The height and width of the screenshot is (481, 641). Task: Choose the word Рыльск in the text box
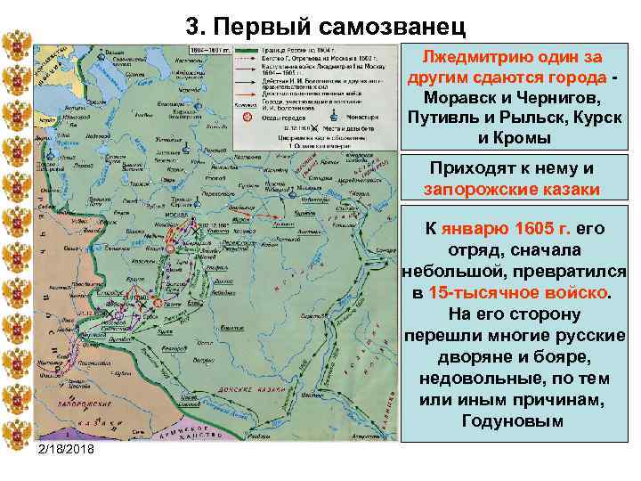pos(526,118)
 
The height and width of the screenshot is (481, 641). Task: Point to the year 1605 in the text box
pos(531,229)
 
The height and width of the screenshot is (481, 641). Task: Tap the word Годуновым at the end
pos(513,420)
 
